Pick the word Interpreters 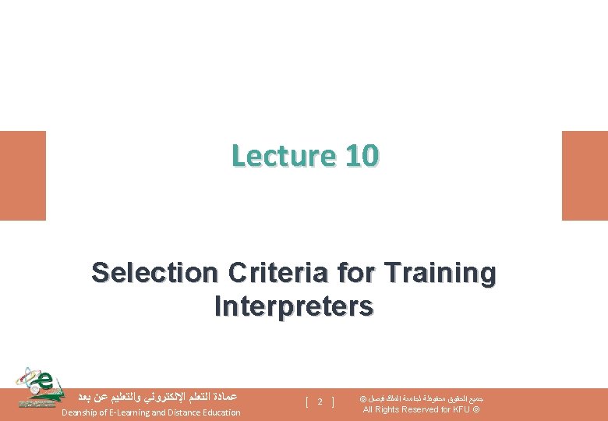click(x=293, y=306)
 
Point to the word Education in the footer click(x=219, y=412)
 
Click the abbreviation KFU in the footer click(x=461, y=410)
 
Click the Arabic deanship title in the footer click(x=152, y=396)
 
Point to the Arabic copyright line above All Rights click(x=422, y=398)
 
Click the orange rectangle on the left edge click(x=23, y=175)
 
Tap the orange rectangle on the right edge click(x=585, y=175)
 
